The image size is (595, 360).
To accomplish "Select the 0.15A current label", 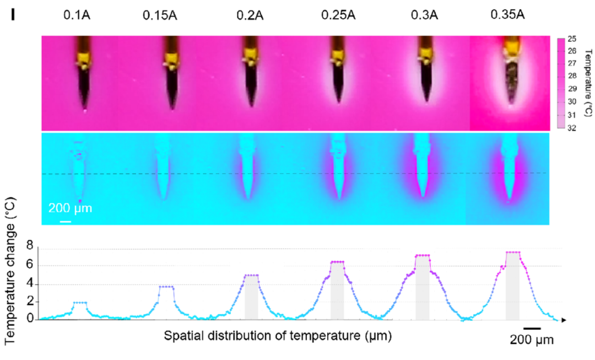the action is click(x=160, y=15).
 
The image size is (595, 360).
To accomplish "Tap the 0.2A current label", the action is click(x=250, y=15).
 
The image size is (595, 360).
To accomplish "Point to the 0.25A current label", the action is click(x=338, y=15).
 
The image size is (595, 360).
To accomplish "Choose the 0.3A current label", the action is click(x=424, y=15).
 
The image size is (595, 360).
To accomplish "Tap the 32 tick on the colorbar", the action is click(x=572, y=128).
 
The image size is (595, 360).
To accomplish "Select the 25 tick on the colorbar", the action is click(x=572, y=39).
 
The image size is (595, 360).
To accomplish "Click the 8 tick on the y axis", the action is click(x=30, y=246).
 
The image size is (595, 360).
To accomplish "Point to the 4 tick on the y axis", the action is click(x=30, y=284).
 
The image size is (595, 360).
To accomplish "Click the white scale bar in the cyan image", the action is click(x=66, y=221).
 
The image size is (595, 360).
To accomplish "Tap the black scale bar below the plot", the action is click(x=532, y=328).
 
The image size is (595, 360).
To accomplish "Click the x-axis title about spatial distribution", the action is click(x=278, y=336).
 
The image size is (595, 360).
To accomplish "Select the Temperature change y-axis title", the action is click(x=10, y=271).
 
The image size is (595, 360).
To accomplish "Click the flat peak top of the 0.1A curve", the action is click(x=80, y=302).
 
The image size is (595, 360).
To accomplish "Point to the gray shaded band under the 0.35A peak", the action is click(x=513, y=286).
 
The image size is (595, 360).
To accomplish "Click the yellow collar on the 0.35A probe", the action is click(x=511, y=45).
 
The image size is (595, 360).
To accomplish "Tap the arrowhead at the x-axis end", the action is click(x=564, y=320).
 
